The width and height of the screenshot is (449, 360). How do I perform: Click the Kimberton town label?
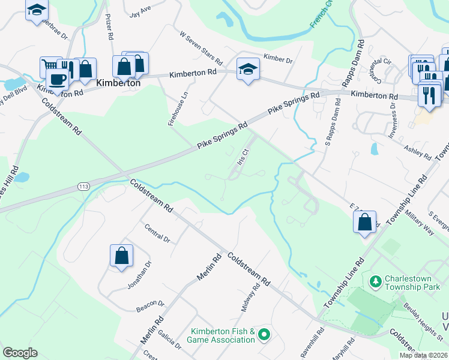118,83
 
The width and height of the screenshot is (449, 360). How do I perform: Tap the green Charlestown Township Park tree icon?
376,280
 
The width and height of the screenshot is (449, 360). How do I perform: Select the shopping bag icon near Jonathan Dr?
121,255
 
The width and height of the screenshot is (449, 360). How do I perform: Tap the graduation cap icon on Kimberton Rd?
247,69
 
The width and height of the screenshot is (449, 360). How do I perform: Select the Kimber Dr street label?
277,60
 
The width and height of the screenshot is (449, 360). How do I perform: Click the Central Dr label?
158,233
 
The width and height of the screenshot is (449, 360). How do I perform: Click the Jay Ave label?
139,12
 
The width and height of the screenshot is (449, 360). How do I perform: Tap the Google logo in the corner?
20,352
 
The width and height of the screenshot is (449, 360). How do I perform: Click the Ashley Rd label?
418,152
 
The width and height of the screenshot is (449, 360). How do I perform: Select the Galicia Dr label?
169,343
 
